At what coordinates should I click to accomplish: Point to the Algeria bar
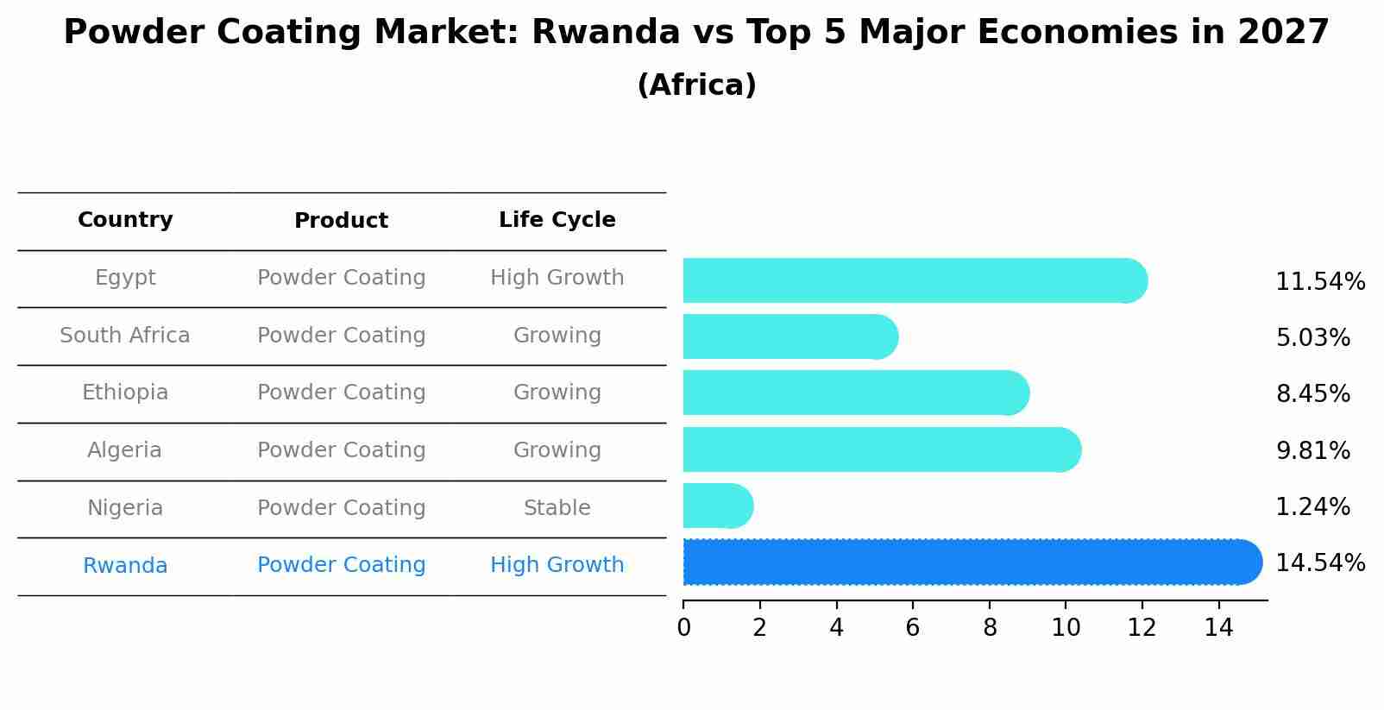pos(880,449)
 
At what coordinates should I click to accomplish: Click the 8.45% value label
pos(1312,394)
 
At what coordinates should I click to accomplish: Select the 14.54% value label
pos(1320,563)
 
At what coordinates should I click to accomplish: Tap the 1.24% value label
pos(1312,507)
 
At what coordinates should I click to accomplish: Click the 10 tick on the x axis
pos(1066,628)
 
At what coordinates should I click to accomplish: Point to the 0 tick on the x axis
pos(683,628)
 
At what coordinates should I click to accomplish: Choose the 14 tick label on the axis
pos(1218,628)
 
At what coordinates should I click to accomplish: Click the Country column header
pos(125,220)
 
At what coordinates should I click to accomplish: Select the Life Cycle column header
pos(557,220)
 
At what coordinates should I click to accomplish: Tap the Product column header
pos(341,221)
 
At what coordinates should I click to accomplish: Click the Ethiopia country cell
pos(125,393)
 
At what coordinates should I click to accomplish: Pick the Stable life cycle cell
pos(557,508)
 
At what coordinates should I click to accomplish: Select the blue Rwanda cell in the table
pos(125,566)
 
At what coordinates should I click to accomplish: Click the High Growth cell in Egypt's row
pos(557,278)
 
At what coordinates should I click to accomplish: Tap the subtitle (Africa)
pos(696,85)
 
